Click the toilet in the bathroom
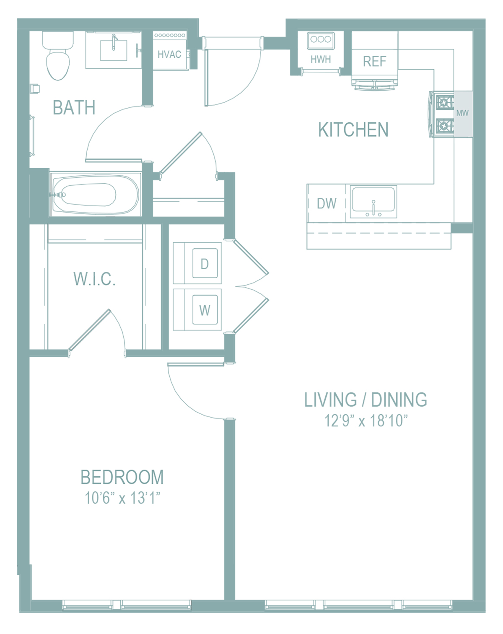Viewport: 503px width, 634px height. point(58,55)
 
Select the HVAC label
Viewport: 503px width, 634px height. point(169,55)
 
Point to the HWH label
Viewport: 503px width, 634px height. point(321,60)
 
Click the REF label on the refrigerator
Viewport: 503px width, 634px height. point(374,61)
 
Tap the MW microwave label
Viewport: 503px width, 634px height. point(462,113)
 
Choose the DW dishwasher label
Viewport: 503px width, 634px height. point(327,203)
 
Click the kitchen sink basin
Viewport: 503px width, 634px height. point(373,199)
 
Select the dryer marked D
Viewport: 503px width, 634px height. point(205,263)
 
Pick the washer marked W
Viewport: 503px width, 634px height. point(205,309)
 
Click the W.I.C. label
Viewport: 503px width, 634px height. point(94,279)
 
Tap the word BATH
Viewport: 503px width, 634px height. point(74,107)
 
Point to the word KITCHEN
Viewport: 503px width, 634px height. point(353,130)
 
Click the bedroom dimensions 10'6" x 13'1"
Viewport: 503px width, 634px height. point(122,498)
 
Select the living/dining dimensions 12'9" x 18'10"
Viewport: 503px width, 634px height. point(366,421)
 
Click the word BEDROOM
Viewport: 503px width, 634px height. point(122,477)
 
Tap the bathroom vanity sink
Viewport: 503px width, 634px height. point(113,50)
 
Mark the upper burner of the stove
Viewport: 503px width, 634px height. point(444,103)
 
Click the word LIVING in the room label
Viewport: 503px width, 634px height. point(330,400)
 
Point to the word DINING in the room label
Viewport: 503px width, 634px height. point(399,400)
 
